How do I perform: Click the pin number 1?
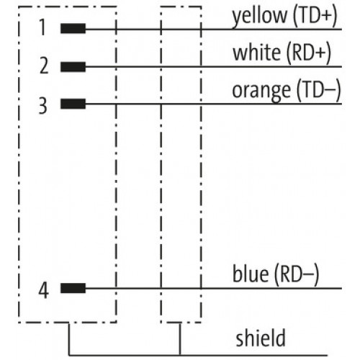click(x=42, y=27)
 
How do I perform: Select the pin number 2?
click(x=44, y=66)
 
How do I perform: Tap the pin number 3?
click(x=43, y=105)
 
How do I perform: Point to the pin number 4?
click(x=44, y=290)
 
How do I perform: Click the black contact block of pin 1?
click(x=73, y=29)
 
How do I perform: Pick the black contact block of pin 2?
click(x=73, y=67)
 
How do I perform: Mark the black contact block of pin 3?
click(x=73, y=104)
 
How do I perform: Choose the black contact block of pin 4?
click(x=73, y=288)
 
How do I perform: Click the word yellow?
click(x=259, y=17)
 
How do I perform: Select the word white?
click(x=257, y=52)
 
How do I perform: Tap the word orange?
click(x=261, y=91)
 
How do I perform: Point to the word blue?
click(x=251, y=274)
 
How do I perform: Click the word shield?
click(x=261, y=338)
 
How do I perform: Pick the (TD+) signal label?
click(x=315, y=16)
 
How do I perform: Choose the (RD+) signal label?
click(x=309, y=53)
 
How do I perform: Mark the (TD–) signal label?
click(x=319, y=91)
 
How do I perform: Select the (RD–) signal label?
click(x=297, y=275)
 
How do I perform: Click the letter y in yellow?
click(x=238, y=19)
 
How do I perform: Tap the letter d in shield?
click(x=280, y=338)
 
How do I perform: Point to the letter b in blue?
click(x=238, y=274)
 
